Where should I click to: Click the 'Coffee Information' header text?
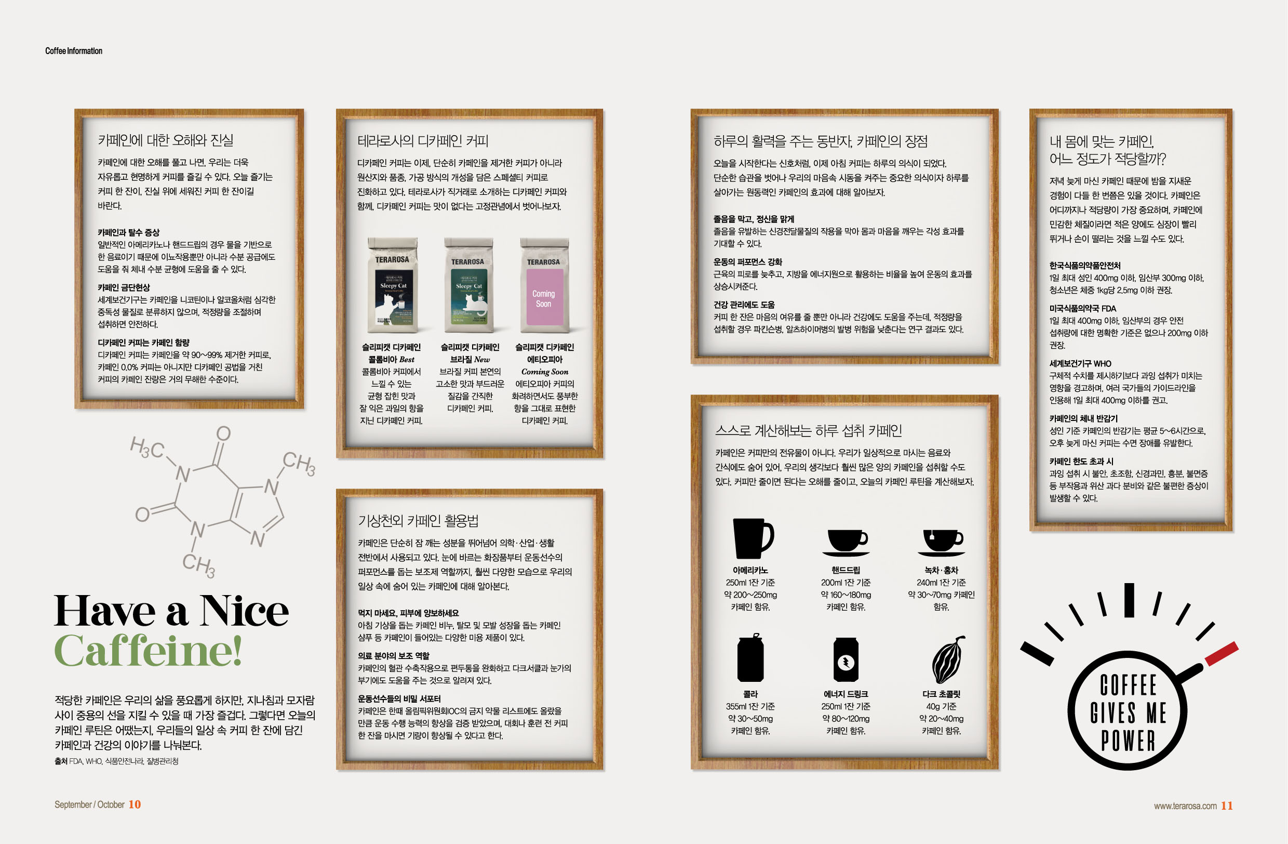point(74,51)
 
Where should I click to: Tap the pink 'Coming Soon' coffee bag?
point(544,285)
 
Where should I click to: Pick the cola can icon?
point(750,658)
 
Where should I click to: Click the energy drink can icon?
point(846,660)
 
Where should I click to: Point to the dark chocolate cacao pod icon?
point(948,660)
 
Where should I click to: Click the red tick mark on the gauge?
point(1222,653)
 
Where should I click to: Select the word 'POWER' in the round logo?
point(1129,741)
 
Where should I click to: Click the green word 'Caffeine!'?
point(147,650)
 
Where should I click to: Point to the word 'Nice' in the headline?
point(244,611)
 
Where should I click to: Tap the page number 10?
point(135,805)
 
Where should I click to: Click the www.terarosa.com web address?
point(1185,806)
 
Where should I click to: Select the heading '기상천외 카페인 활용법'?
point(418,521)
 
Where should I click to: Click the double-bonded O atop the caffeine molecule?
point(223,433)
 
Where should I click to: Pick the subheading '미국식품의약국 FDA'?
point(1083,309)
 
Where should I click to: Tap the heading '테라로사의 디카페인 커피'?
point(423,141)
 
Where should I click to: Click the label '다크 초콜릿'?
point(941,694)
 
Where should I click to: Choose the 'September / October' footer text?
point(89,805)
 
